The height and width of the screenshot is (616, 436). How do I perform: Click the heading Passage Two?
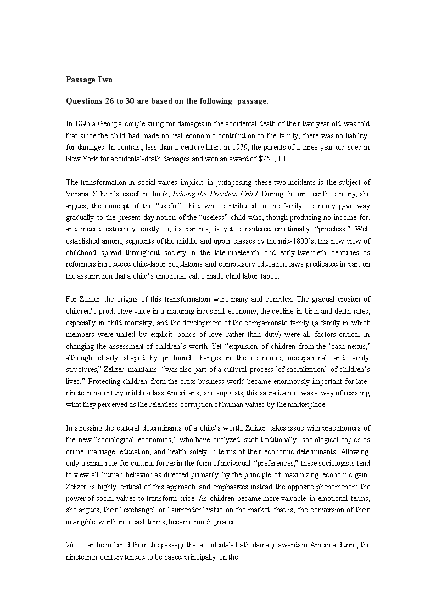89,80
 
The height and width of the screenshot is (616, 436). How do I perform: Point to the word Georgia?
113,124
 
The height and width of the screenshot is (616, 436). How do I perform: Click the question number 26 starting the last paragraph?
70,545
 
